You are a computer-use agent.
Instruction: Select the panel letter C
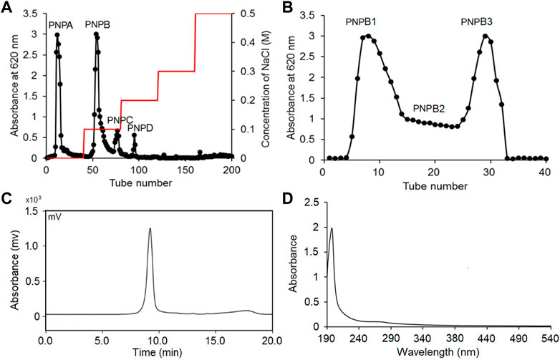pos(6,197)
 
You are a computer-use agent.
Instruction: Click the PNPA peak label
pos(60,25)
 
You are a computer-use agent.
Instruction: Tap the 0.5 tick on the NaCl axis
pos(245,14)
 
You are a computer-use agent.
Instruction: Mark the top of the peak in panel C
pos(150,229)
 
